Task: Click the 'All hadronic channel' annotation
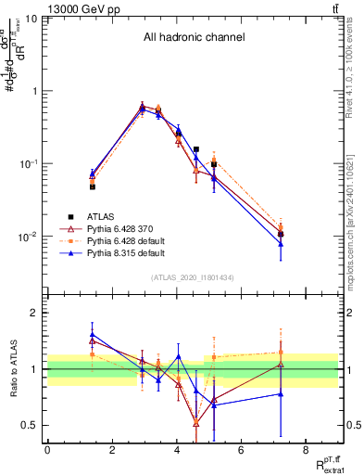(x=194, y=38)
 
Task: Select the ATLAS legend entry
(x=102, y=216)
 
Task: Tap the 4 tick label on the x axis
(x=176, y=450)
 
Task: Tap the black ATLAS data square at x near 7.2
(x=281, y=234)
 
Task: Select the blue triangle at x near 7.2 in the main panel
(x=281, y=244)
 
